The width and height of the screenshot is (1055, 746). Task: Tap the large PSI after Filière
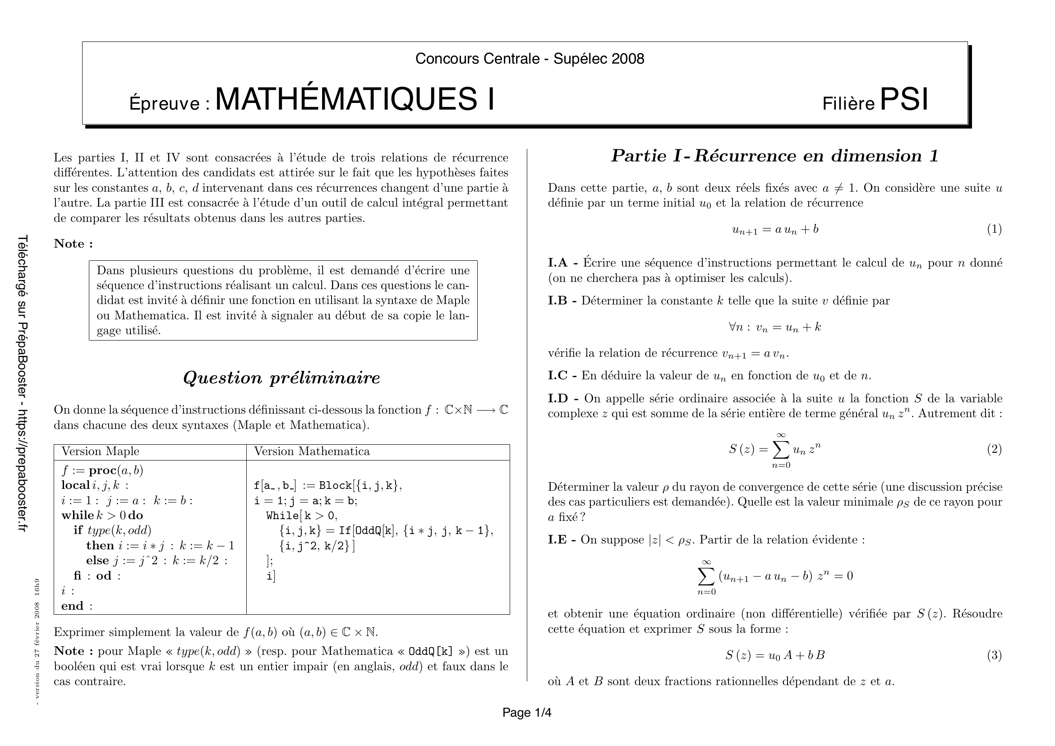(x=903, y=100)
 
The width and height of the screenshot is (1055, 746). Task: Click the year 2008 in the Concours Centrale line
(x=628, y=59)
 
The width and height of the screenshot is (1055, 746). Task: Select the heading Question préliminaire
(x=281, y=378)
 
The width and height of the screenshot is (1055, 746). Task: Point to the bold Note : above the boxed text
(x=74, y=244)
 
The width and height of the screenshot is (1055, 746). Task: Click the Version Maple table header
(x=100, y=451)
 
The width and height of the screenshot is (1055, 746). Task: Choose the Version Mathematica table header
(x=312, y=451)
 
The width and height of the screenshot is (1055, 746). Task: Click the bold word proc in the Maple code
(x=103, y=470)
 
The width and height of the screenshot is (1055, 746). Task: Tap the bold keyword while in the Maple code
(x=77, y=516)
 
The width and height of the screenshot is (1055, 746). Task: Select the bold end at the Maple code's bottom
(x=72, y=606)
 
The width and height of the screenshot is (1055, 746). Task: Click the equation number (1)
(x=995, y=229)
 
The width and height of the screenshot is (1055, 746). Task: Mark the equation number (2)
(x=995, y=449)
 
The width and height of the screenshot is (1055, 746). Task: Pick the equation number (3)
(x=995, y=655)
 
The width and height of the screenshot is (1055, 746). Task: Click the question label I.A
(x=558, y=263)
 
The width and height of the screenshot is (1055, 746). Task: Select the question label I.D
(x=558, y=398)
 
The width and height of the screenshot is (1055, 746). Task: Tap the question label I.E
(x=557, y=539)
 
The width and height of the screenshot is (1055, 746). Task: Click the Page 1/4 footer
(x=526, y=713)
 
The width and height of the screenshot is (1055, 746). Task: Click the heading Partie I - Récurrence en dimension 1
(x=775, y=156)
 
